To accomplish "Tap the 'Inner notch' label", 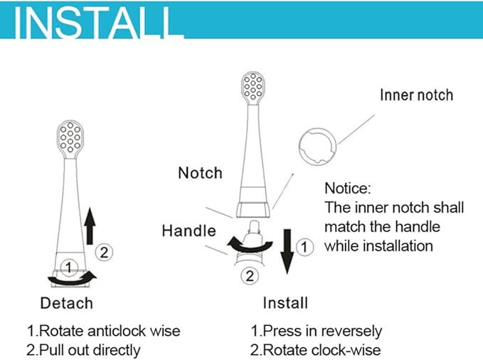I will pos(416,95).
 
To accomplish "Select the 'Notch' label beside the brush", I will pos(200,173).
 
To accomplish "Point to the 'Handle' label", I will pos(189,231).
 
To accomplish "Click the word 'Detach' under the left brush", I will pos(66,303).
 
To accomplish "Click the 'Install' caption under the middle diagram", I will pos(285,302).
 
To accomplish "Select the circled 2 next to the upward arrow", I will pos(105,251).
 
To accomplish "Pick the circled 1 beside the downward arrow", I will pos(304,247).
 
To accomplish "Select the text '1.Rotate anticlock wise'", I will pos(103,331).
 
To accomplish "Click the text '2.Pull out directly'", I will pos(83,349).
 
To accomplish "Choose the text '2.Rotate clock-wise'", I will pos(316,349).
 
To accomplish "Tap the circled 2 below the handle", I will pos(250,275).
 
